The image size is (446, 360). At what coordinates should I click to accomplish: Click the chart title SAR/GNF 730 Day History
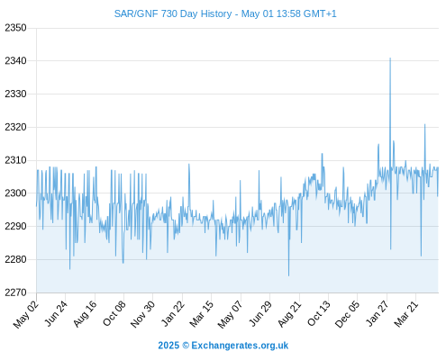[x=173, y=13]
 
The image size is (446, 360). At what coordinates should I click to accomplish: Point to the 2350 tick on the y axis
[x=15, y=28]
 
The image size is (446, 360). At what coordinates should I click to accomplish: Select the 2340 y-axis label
[x=15, y=61]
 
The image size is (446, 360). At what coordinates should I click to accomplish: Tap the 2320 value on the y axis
[x=15, y=127]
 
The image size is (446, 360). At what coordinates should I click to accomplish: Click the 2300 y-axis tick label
[x=15, y=193]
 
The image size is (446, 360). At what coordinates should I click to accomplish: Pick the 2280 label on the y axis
[x=15, y=259]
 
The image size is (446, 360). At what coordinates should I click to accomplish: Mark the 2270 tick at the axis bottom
[x=15, y=292]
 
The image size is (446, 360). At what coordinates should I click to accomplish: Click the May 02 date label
[x=26, y=314]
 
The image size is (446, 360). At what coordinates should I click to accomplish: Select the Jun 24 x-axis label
[x=56, y=313]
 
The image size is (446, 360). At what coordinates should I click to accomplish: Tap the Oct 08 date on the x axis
[x=114, y=313]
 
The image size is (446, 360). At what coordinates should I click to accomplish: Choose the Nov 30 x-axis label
[x=142, y=314]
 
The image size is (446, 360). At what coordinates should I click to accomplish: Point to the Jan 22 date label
[x=172, y=313]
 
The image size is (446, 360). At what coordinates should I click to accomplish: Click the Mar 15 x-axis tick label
[x=202, y=313]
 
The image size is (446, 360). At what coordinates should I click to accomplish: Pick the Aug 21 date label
[x=289, y=313]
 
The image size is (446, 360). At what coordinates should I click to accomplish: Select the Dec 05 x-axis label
[x=347, y=314]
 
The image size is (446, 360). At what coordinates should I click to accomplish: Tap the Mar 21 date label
[x=406, y=313]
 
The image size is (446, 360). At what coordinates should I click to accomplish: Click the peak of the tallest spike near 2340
[x=390, y=58]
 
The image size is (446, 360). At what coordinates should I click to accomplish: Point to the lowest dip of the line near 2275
[x=289, y=275]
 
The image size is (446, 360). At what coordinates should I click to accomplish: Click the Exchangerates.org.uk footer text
[x=240, y=346]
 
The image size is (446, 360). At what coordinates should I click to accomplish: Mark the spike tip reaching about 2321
[x=424, y=124]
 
